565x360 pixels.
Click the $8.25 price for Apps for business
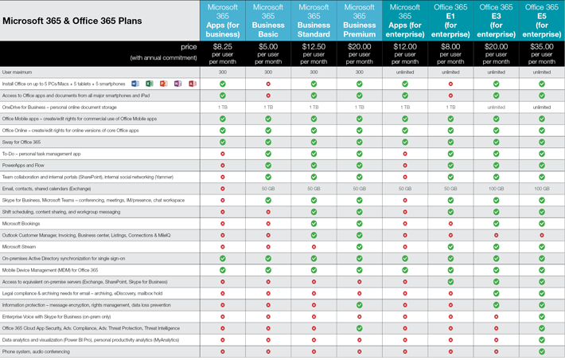pos(223,47)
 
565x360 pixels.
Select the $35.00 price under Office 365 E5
pos(542,47)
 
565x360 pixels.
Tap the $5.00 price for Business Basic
pos(268,47)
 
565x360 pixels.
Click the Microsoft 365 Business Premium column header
pos(360,21)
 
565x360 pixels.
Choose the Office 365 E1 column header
pos(450,21)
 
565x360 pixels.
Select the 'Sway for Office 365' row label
pos(21,142)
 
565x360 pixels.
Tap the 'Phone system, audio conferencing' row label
pos(36,352)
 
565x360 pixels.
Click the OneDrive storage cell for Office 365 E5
pos(542,107)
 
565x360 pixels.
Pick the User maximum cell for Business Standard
pos(314,72)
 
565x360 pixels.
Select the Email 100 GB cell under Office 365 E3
pos(497,189)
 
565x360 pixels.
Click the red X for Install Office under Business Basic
pos(268,84)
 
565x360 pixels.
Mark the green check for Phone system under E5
pos(542,351)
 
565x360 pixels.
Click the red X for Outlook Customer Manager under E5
pos(542,235)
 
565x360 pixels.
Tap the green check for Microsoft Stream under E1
pos(450,247)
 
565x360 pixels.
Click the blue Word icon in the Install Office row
pos(135,84)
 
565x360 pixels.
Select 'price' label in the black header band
pos(188,47)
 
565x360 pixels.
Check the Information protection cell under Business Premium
pos(360,305)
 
